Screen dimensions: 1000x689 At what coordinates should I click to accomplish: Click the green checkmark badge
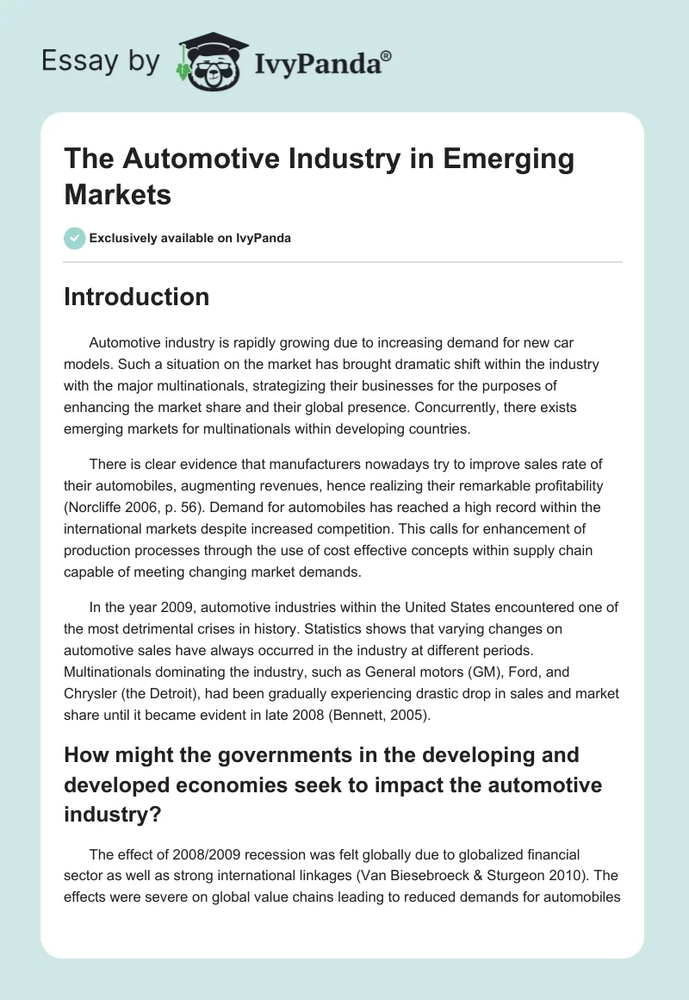[75, 238]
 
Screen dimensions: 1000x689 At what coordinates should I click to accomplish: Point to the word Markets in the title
[118, 194]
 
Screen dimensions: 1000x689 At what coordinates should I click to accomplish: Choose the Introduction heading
[136, 297]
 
